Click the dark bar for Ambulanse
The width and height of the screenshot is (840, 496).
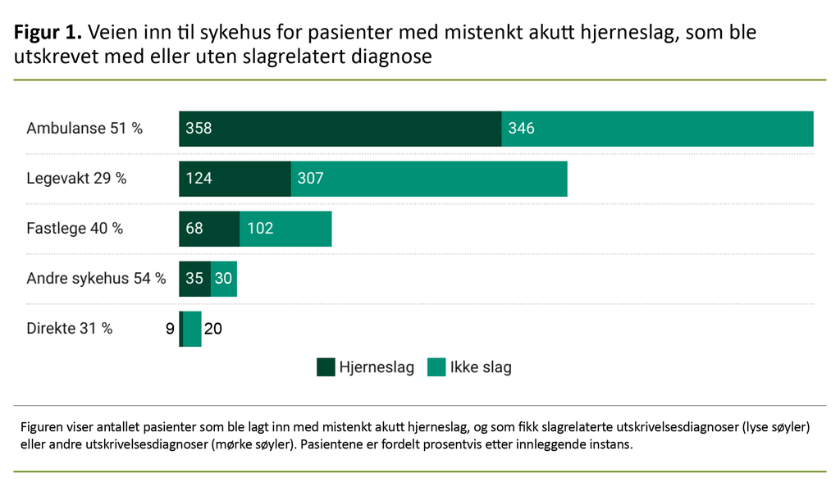click(340, 129)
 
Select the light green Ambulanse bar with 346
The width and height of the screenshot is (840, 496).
click(657, 129)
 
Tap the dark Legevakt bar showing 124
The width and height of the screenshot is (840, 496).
click(235, 179)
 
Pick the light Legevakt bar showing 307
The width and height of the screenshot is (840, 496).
click(429, 179)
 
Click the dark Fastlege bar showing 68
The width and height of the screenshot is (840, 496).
click(209, 229)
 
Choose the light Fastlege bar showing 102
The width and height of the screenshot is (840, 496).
click(285, 229)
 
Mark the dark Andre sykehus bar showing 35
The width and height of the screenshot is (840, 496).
click(194, 279)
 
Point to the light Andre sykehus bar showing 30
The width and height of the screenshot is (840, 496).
click(223, 279)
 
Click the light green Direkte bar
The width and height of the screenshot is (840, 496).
click(192, 329)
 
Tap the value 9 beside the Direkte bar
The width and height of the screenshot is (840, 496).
click(170, 329)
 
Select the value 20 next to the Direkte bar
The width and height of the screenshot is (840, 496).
click(212, 329)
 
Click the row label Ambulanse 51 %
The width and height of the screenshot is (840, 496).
click(84, 129)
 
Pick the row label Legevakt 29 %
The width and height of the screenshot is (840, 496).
click(76, 179)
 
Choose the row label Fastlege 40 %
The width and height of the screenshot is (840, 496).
click(75, 229)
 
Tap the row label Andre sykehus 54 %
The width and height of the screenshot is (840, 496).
click(96, 279)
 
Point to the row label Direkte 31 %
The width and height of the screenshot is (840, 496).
click(70, 329)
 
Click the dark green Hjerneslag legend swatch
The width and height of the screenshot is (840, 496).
click(326, 367)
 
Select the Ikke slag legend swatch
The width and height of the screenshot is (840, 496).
click(436, 367)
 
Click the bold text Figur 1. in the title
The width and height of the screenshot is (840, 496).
click(48, 33)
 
